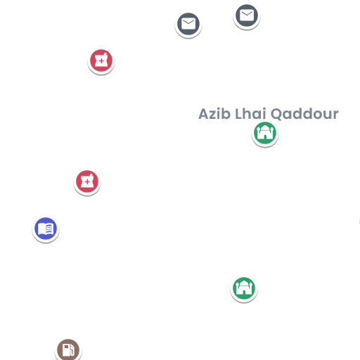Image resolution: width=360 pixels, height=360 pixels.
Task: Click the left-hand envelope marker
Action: click(x=188, y=24)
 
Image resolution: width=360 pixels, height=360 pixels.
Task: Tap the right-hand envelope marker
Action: click(x=247, y=15)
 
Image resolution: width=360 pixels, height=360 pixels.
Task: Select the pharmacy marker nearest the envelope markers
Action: click(x=101, y=60)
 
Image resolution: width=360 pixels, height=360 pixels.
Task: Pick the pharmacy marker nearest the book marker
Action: click(x=87, y=181)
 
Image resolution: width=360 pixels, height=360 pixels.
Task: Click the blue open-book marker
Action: click(x=46, y=229)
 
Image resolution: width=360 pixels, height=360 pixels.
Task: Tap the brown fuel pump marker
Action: click(x=68, y=350)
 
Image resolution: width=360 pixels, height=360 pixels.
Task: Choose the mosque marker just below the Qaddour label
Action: click(x=265, y=133)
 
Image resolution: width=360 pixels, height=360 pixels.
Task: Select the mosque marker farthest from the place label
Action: click(x=244, y=288)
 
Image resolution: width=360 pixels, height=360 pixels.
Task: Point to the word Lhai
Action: click(x=250, y=114)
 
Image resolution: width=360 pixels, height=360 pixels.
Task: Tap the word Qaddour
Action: click(x=304, y=115)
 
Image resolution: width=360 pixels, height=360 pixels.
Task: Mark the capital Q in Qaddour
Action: click(x=276, y=115)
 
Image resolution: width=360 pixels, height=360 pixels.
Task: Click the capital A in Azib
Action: click(x=204, y=114)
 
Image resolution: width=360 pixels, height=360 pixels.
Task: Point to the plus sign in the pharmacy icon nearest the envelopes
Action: click(x=101, y=61)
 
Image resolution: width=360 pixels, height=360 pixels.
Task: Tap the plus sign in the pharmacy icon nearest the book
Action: click(x=87, y=182)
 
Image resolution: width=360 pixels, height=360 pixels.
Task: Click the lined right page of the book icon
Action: click(x=50, y=229)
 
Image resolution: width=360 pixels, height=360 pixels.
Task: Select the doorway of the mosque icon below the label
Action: click(x=265, y=137)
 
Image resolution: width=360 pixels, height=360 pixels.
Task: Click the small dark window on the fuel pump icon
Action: click(x=66, y=347)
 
